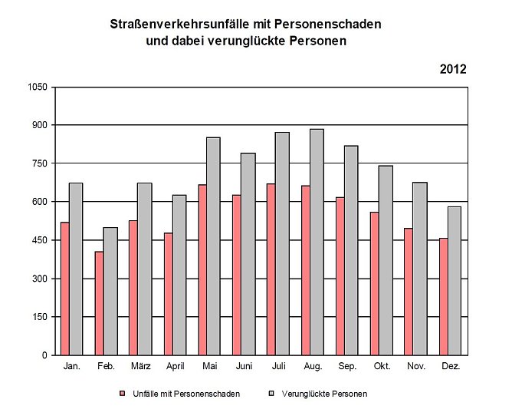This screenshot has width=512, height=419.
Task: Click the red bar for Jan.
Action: coord(65,289)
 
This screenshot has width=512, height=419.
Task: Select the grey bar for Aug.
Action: coord(317,242)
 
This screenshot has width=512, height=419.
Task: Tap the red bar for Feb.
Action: coord(100,303)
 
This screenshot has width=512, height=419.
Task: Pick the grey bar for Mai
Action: coord(213,246)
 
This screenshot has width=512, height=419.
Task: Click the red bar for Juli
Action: coord(271,269)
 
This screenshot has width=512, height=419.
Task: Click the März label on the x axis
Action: coord(140,367)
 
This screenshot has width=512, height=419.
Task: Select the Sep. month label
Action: coord(347,367)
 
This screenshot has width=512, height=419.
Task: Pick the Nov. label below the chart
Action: coord(416,367)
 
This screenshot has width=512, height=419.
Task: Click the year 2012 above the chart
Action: coord(453,69)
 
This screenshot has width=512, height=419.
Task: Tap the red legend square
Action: coord(121,394)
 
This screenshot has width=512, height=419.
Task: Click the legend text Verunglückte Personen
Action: coord(324,394)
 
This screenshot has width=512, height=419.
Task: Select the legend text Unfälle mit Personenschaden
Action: coord(186,394)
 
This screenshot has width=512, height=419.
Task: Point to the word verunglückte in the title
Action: coord(239,41)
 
